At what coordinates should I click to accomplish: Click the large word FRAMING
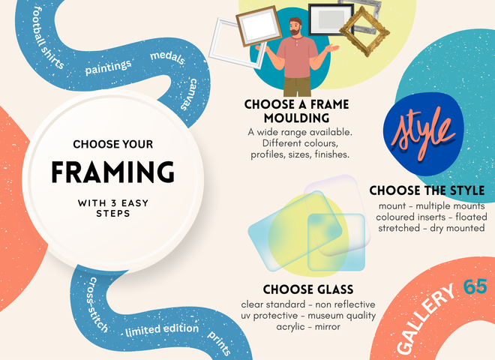tap(112, 172)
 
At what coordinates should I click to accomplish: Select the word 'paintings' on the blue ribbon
tap(108, 67)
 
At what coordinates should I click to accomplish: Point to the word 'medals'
tap(167, 57)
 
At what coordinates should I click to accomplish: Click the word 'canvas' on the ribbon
tap(189, 94)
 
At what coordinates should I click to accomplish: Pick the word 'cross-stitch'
tap(97, 304)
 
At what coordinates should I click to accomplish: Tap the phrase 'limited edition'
tap(162, 330)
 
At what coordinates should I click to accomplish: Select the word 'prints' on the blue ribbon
tap(219, 343)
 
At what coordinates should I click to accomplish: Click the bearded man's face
tap(295, 26)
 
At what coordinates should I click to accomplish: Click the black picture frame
tap(331, 19)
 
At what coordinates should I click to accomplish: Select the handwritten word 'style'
tap(423, 133)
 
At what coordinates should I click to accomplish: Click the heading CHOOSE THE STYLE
tap(427, 190)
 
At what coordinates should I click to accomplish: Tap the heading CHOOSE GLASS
tap(308, 289)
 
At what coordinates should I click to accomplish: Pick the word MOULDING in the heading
tap(297, 118)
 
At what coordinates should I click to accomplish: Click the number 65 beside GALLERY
tap(475, 286)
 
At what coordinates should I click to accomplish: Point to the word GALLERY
tap(425, 319)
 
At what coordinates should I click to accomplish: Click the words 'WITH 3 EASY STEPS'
tap(113, 208)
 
